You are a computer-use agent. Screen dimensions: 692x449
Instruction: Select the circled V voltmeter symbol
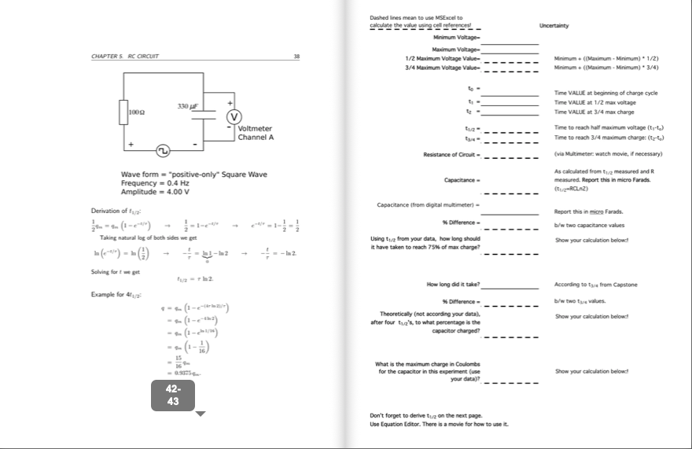[234, 117]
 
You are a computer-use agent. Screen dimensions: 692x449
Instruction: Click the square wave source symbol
[163, 149]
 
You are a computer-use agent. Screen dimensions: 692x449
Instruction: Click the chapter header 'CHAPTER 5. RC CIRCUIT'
[125, 57]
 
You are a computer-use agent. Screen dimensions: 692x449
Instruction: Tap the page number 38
[296, 57]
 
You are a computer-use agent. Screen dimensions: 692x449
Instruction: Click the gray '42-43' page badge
[173, 396]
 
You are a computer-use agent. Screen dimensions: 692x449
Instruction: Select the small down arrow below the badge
[201, 414]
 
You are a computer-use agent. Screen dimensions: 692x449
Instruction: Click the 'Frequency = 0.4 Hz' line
[155, 182]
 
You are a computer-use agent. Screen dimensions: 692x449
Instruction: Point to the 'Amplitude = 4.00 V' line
[155, 191]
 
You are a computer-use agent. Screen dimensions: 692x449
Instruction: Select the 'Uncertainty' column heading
[554, 25]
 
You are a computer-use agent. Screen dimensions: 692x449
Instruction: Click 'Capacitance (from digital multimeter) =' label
[429, 205]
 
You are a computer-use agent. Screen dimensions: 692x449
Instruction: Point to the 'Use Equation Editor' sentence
[439, 424]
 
